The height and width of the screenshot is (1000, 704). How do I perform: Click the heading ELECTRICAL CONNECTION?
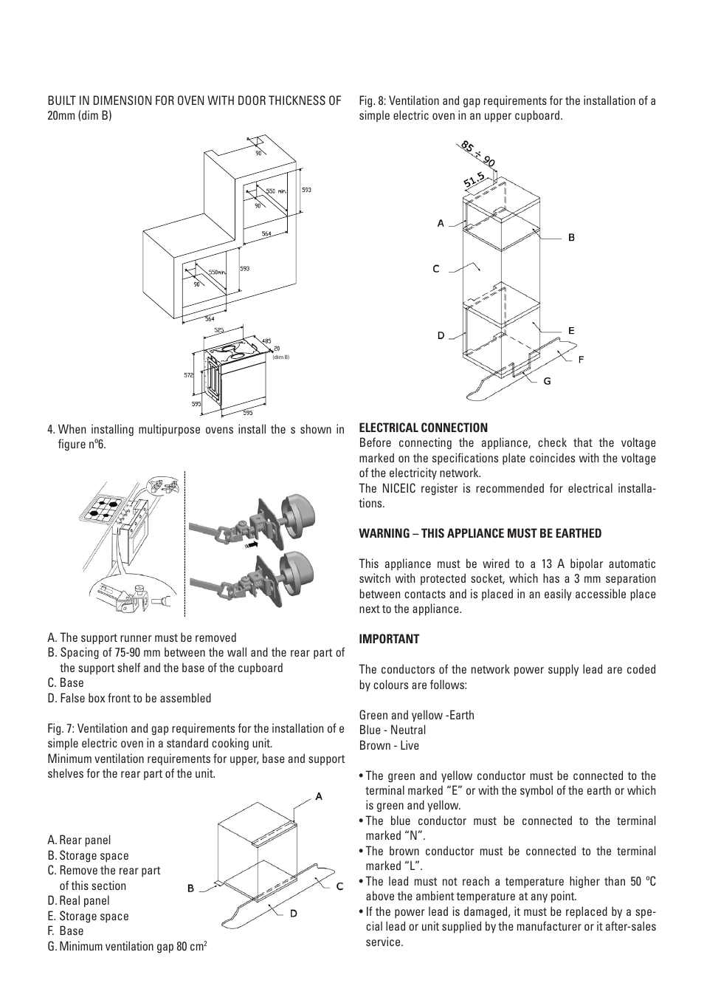pos(423,428)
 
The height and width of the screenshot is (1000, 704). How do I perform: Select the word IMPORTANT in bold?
pos(389,639)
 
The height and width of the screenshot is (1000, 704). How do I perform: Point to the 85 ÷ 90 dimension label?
pos(478,154)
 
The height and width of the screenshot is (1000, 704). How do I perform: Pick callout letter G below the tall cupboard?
pos(547,381)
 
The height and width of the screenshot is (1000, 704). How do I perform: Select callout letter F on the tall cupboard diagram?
pos(581,360)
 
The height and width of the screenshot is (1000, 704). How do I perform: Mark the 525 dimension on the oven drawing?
pos(219,330)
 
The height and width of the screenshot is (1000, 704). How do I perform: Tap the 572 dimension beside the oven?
pos(188,375)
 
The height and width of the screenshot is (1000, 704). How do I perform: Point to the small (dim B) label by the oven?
pos(280,357)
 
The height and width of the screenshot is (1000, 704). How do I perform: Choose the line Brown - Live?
pos(389,745)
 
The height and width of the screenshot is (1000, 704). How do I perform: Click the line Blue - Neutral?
pos(393,730)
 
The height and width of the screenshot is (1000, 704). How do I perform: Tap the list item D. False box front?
pos(129,698)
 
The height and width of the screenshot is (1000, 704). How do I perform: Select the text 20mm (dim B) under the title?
pos(80,115)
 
